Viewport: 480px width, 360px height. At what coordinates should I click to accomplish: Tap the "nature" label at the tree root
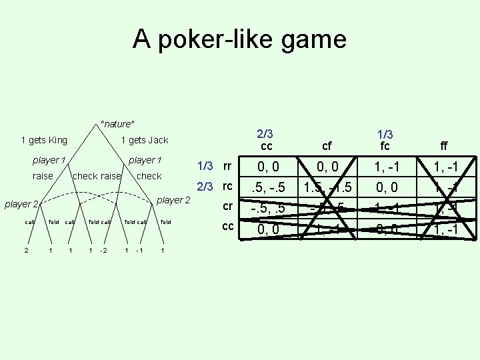[x=117, y=123]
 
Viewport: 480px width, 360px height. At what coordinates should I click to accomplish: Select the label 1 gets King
[x=44, y=140]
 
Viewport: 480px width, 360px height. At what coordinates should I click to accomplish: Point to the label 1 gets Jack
[x=144, y=140]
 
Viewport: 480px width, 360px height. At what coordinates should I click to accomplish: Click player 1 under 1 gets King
[x=49, y=160]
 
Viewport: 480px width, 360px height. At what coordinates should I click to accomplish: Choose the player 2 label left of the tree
[x=22, y=203]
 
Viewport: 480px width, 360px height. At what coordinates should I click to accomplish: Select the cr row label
[x=228, y=206]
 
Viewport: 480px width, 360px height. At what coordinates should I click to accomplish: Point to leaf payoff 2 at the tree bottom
[x=25, y=251]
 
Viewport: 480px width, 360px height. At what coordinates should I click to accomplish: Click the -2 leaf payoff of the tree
[x=103, y=251]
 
